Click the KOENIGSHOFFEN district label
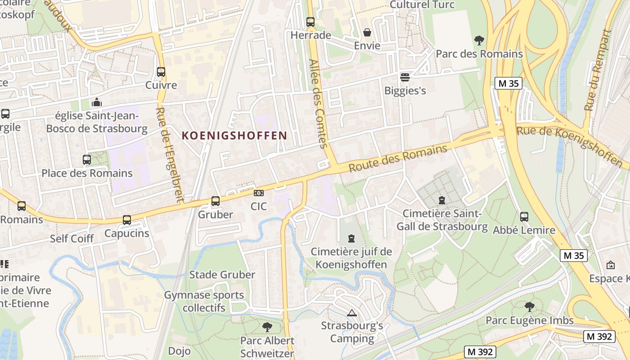click(x=234, y=135)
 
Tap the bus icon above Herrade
click(x=310, y=22)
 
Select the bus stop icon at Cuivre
click(x=161, y=72)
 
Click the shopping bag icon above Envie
click(x=367, y=32)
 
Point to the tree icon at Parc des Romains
click(x=479, y=40)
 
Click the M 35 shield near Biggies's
click(x=508, y=83)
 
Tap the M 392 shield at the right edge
click(x=599, y=336)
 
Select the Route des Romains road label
click(x=398, y=158)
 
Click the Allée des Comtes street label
click(x=319, y=103)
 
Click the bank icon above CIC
click(x=259, y=193)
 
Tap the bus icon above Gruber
click(x=216, y=201)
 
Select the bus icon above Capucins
click(x=127, y=220)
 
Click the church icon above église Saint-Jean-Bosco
click(x=96, y=103)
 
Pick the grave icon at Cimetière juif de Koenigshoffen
click(x=351, y=238)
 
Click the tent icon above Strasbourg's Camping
click(x=352, y=313)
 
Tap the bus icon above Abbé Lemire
click(x=524, y=217)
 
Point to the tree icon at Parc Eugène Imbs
click(x=530, y=307)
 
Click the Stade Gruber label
click(x=222, y=274)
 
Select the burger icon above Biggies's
click(x=405, y=77)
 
